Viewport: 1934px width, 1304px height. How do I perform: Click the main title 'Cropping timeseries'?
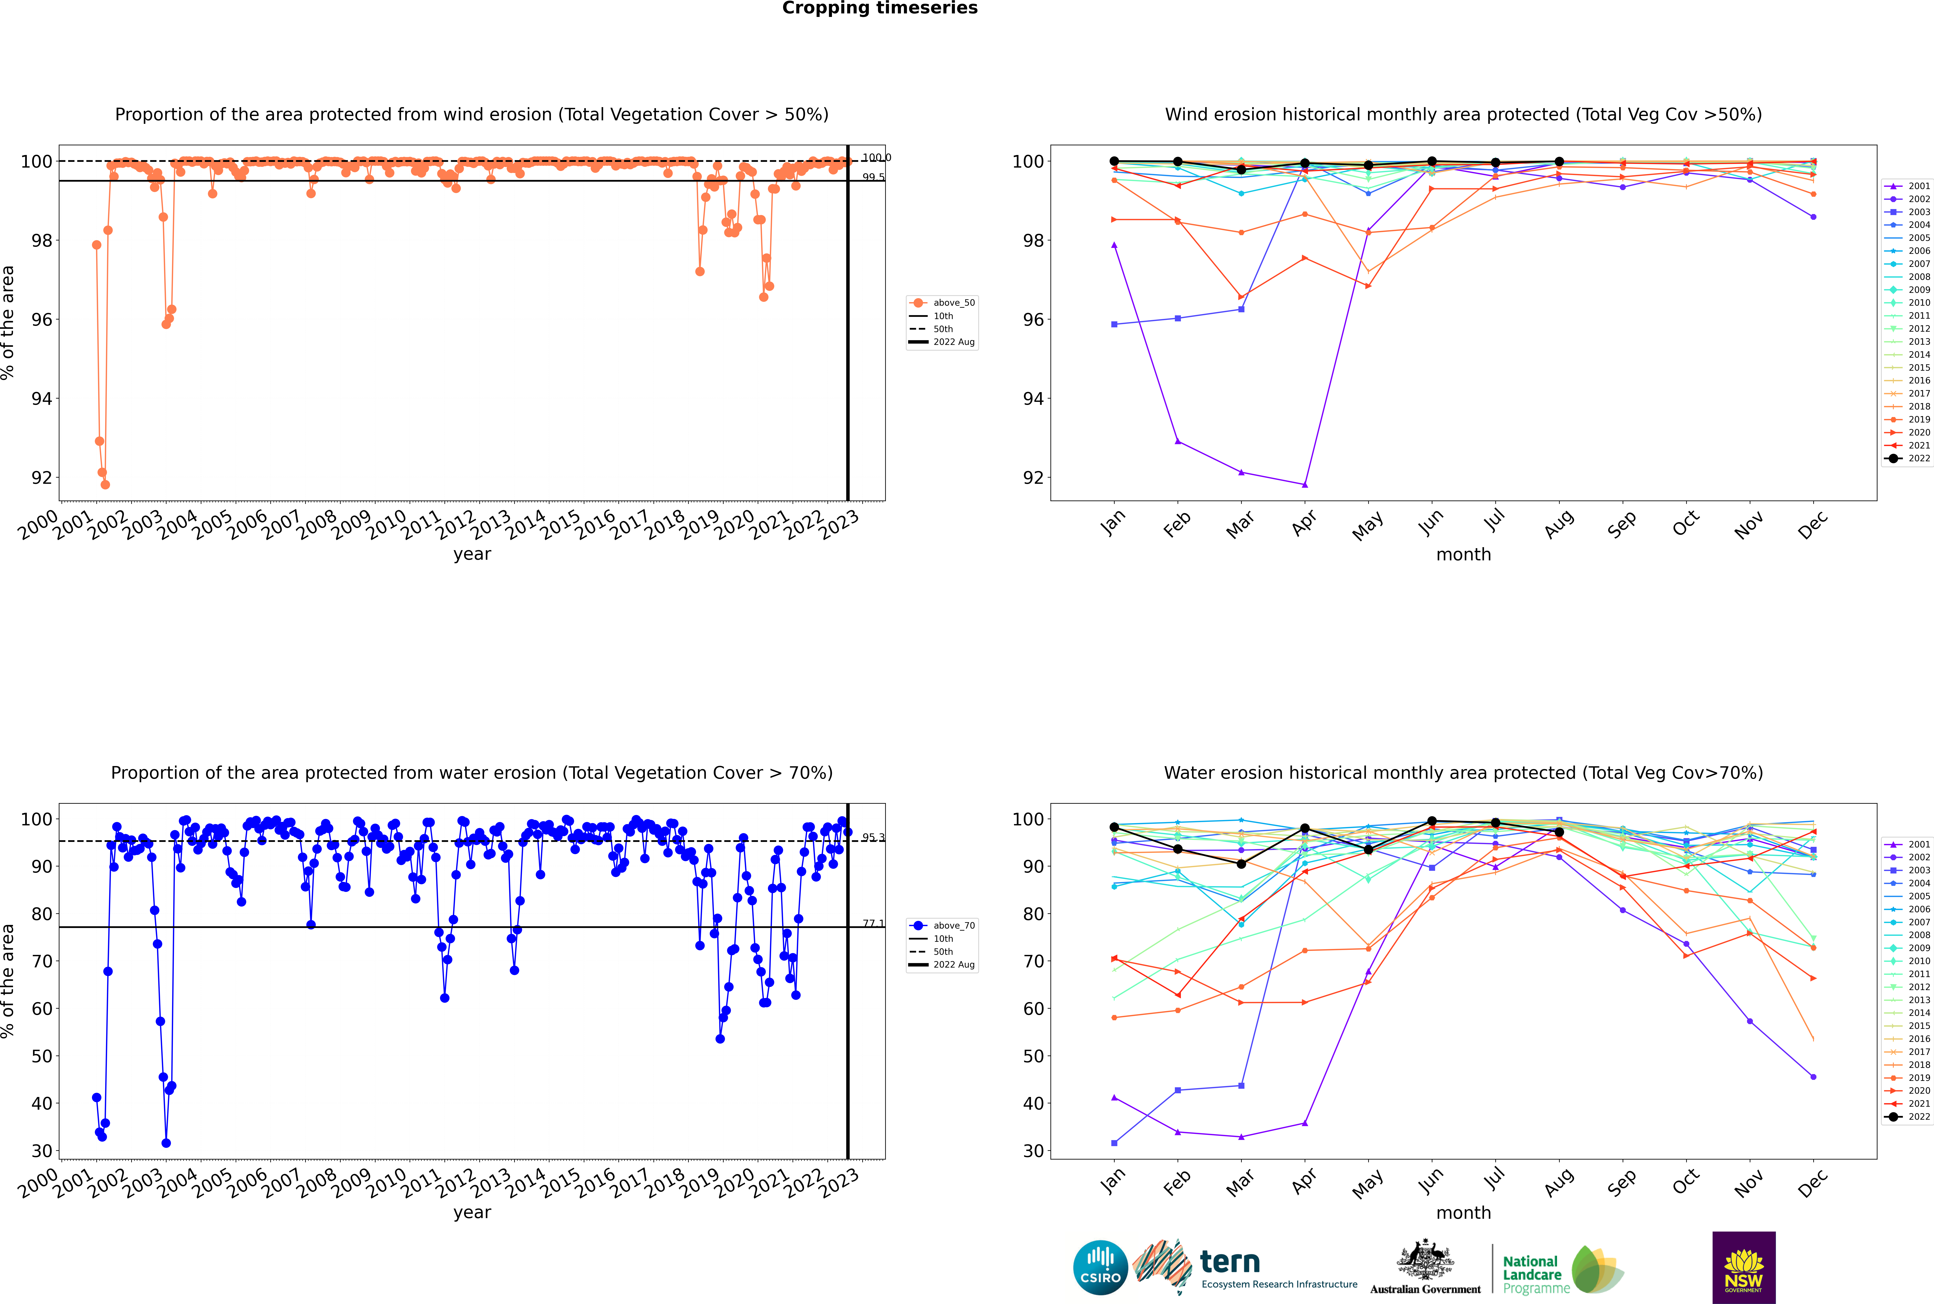coord(880,8)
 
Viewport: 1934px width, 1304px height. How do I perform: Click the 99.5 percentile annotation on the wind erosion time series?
coord(873,177)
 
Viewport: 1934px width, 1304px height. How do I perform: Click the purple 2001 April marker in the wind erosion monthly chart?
coord(1305,485)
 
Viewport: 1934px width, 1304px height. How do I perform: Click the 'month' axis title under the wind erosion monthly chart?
coord(1463,555)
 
